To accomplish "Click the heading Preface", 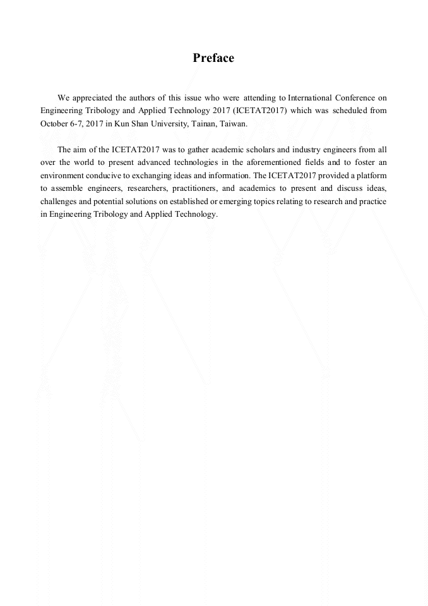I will point(213,58).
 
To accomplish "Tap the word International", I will point(313,98).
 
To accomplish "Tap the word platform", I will point(372,175).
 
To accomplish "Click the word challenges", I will point(60,201).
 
